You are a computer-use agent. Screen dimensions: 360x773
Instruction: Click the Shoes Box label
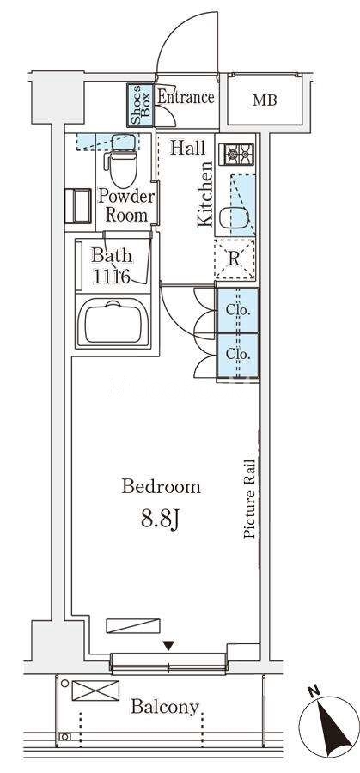click(x=140, y=105)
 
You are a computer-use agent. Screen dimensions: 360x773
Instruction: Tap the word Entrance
click(x=186, y=96)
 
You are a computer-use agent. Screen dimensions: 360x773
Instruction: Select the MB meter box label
click(x=265, y=100)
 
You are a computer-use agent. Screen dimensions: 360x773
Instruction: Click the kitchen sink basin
click(x=233, y=218)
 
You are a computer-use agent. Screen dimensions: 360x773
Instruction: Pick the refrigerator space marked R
click(x=235, y=259)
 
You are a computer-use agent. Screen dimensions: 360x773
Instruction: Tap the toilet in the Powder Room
click(x=122, y=165)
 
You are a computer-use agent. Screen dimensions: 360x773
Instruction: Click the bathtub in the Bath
click(x=113, y=324)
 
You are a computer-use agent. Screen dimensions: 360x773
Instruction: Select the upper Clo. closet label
click(x=238, y=311)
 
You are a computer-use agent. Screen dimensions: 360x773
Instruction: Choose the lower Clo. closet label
click(x=238, y=354)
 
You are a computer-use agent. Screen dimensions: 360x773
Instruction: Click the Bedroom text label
click(x=162, y=487)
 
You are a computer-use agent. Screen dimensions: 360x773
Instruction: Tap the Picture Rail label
click(x=250, y=498)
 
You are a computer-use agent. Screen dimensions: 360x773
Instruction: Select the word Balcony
click(x=165, y=708)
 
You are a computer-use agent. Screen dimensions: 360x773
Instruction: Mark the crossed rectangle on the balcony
click(x=95, y=691)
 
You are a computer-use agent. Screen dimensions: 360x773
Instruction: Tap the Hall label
click(x=188, y=148)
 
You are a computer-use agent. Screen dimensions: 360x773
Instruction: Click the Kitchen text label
click(x=205, y=194)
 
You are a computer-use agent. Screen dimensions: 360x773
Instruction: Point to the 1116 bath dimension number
click(x=112, y=277)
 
